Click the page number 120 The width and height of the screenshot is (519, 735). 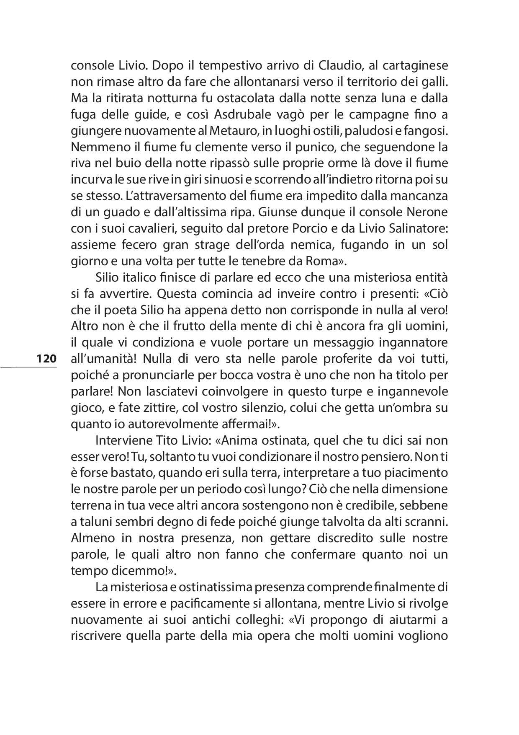pos(46,359)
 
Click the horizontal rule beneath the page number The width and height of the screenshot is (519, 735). pos(28,367)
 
